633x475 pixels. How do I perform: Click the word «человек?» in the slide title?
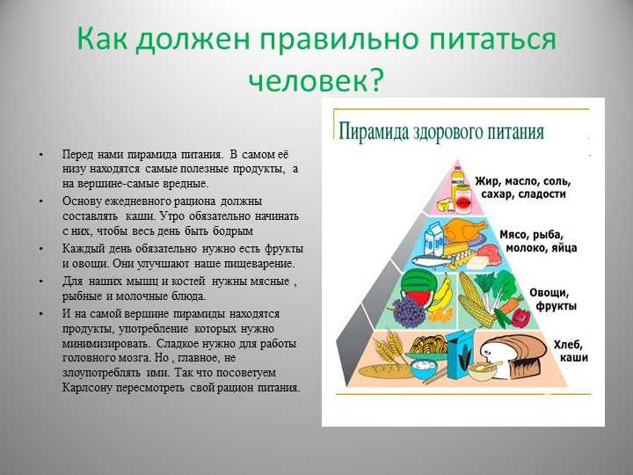(x=315, y=78)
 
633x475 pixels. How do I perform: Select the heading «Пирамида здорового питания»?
(x=441, y=132)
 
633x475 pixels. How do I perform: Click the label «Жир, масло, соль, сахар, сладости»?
(x=523, y=187)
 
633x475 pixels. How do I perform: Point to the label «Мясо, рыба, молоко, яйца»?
(x=538, y=241)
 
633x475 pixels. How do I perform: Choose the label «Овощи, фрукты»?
(x=553, y=299)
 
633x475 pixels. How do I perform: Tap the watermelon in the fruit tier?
(x=418, y=287)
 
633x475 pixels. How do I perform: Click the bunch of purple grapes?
(x=408, y=312)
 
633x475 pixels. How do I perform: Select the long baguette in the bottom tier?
(x=386, y=371)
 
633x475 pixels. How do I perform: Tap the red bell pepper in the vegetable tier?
(x=521, y=318)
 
